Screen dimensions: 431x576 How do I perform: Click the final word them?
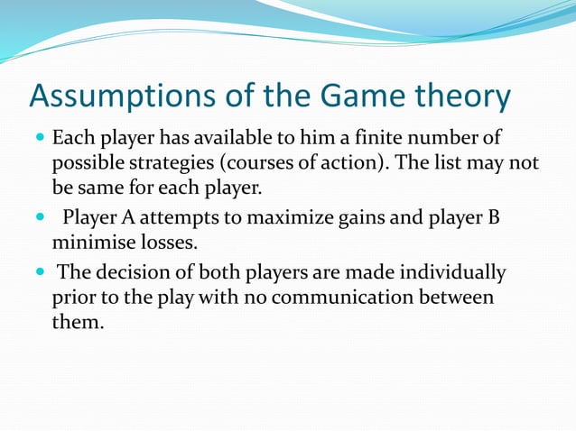[x=78, y=322]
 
